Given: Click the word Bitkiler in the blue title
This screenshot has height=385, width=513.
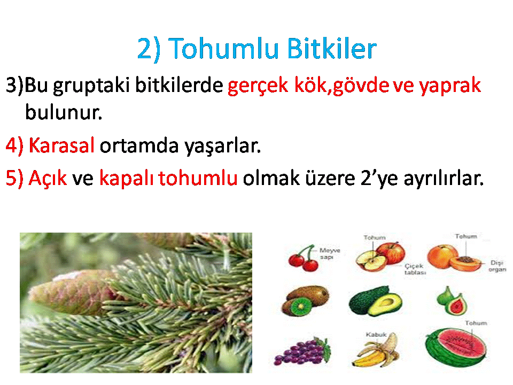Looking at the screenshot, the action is [x=332, y=49].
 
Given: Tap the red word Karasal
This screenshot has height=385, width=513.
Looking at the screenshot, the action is [x=61, y=145].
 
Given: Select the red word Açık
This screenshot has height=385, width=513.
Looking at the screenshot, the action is [x=48, y=179].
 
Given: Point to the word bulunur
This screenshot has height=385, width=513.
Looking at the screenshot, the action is [x=64, y=112].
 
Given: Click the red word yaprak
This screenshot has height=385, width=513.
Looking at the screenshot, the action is [x=450, y=86].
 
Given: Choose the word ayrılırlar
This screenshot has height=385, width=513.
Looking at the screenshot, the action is [x=444, y=179].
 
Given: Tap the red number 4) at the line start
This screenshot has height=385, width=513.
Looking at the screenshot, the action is [x=15, y=145].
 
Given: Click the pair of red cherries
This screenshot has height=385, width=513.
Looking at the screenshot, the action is [x=303, y=258].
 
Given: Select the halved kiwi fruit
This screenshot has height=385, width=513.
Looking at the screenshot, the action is [x=305, y=301].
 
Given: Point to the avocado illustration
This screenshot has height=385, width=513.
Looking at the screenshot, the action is [x=375, y=301].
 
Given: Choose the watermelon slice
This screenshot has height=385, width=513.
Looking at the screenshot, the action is [x=456, y=346].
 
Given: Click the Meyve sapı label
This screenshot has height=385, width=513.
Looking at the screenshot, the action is [x=330, y=253].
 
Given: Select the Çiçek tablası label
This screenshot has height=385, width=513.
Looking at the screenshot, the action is [x=415, y=269].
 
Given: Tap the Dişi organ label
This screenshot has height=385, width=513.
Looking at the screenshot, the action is [x=498, y=266].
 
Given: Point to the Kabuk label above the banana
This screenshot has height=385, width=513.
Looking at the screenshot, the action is [x=376, y=335].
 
